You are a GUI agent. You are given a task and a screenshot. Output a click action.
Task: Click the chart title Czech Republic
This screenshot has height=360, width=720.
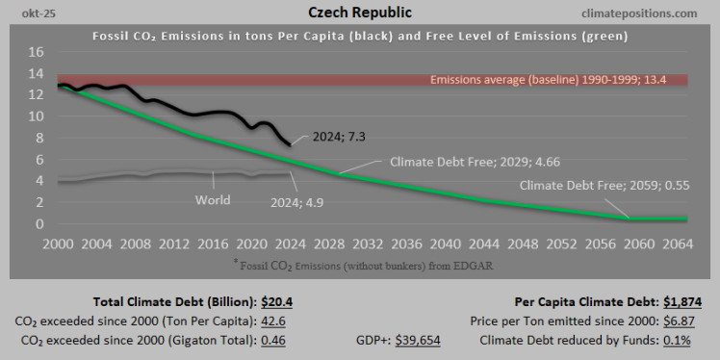point(359,13)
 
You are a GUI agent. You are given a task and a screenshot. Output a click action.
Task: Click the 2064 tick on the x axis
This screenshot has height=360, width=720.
point(673,243)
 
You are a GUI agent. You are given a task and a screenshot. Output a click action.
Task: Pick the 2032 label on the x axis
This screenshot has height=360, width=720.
point(367,243)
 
